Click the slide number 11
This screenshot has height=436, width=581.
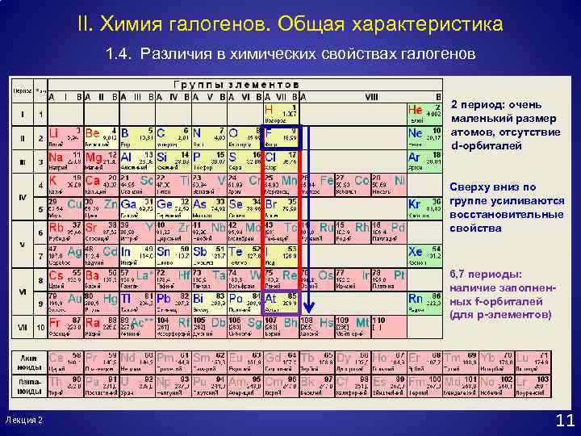coord(565,420)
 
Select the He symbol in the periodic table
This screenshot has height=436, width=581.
coord(416,110)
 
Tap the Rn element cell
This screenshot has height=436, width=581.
coord(424,301)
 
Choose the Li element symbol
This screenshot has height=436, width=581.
coord(54,132)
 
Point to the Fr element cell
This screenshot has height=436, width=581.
coord(65,325)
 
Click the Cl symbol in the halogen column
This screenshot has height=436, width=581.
coord(270,157)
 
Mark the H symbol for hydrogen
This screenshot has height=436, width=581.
coord(269,108)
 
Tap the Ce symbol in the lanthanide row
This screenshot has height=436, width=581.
coord(56,357)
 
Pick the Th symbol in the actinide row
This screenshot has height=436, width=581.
coord(56,380)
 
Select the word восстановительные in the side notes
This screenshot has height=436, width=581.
coord(506,215)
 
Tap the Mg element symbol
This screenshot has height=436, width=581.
coord(93,157)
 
